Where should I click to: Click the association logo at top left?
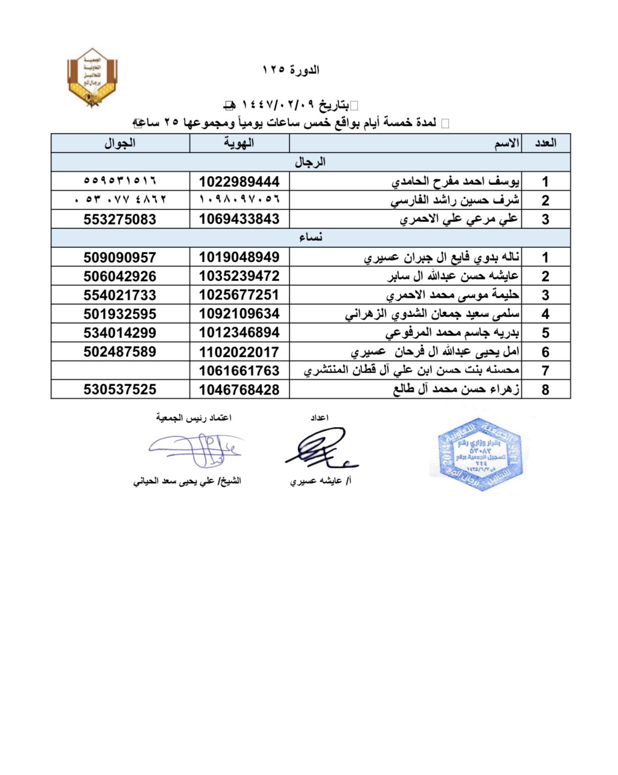92,77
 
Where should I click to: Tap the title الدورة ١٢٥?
291,70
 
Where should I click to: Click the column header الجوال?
120,143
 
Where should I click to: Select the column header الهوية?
239,143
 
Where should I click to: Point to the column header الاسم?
507,144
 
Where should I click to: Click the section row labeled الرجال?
310,162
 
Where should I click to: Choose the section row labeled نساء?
310,237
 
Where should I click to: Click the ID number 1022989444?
239,182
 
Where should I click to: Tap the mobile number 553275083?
120,220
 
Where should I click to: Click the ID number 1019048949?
239,257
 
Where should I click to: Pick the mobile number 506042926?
120,276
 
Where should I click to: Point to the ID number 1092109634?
239,314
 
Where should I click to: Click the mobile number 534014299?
120,332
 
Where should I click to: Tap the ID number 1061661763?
239,371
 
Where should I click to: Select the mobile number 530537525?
120,389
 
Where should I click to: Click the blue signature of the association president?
196,449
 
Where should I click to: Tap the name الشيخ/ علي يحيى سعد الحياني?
187,481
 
